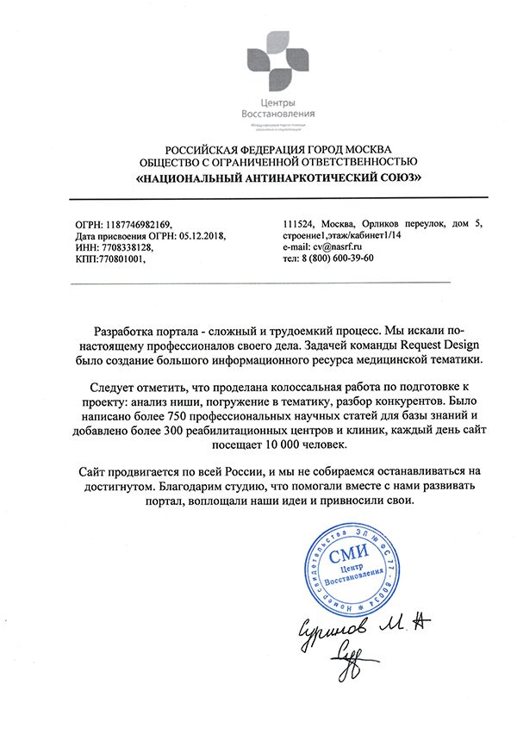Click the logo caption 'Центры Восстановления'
click(278, 109)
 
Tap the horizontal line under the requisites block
click(258, 283)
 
